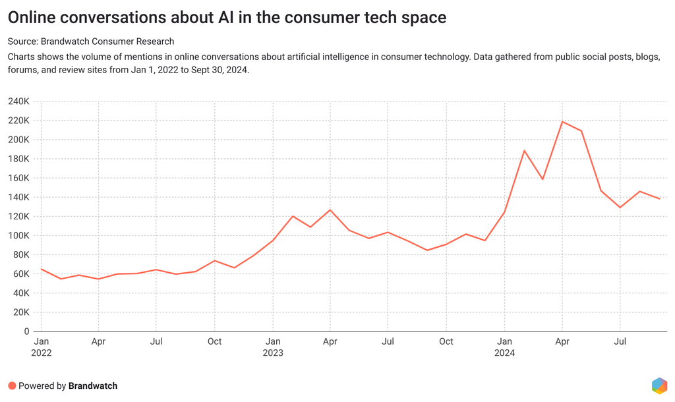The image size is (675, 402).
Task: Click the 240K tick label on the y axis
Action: click(18, 101)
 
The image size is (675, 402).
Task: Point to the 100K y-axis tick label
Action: click(18, 236)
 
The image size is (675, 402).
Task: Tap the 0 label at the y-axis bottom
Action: click(26, 331)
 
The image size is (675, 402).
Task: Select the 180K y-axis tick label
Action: click(18, 159)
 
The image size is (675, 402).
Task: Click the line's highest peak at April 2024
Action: click(562, 121)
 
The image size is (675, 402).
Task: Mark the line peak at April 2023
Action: click(330, 210)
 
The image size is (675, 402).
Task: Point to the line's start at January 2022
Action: click(41, 269)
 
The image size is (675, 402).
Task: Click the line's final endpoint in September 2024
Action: click(660, 199)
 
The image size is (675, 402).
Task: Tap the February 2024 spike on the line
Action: click(524, 151)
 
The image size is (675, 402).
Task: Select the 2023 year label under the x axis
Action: click(272, 353)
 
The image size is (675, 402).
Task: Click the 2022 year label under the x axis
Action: click(41, 353)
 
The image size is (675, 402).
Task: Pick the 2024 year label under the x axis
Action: click(504, 353)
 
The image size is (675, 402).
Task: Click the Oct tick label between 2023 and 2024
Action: click(446, 341)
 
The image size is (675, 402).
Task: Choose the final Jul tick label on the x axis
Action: click(620, 341)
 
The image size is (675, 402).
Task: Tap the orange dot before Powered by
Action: click(12, 386)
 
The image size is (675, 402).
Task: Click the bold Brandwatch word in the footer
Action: click(93, 386)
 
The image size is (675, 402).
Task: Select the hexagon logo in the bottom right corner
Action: click(659, 386)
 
